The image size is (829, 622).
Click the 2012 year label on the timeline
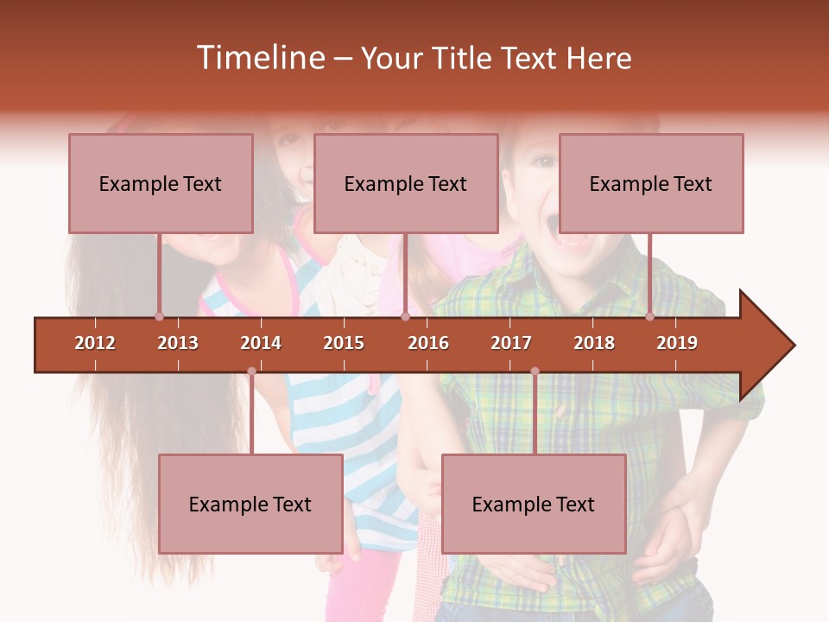click(95, 343)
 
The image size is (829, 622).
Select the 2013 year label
click(178, 343)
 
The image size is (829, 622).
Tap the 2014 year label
click(261, 343)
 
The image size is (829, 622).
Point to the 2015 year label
click(344, 343)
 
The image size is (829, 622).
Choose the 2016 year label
click(428, 343)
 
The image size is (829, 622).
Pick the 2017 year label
click(511, 343)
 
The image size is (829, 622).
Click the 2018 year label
click(594, 343)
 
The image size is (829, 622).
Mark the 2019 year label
click(677, 343)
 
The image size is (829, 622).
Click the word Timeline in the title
click(259, 58)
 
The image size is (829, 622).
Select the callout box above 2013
click(161, 183)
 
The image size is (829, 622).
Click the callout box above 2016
click(406, 183)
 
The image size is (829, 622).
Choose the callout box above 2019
click(651, 183)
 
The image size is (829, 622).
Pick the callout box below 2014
click(250, 504)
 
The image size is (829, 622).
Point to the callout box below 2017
click(534, 504)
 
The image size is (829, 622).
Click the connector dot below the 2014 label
click(251, 371)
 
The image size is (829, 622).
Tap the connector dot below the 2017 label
click(535, 371)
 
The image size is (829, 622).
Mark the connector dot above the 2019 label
click(650, 316)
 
